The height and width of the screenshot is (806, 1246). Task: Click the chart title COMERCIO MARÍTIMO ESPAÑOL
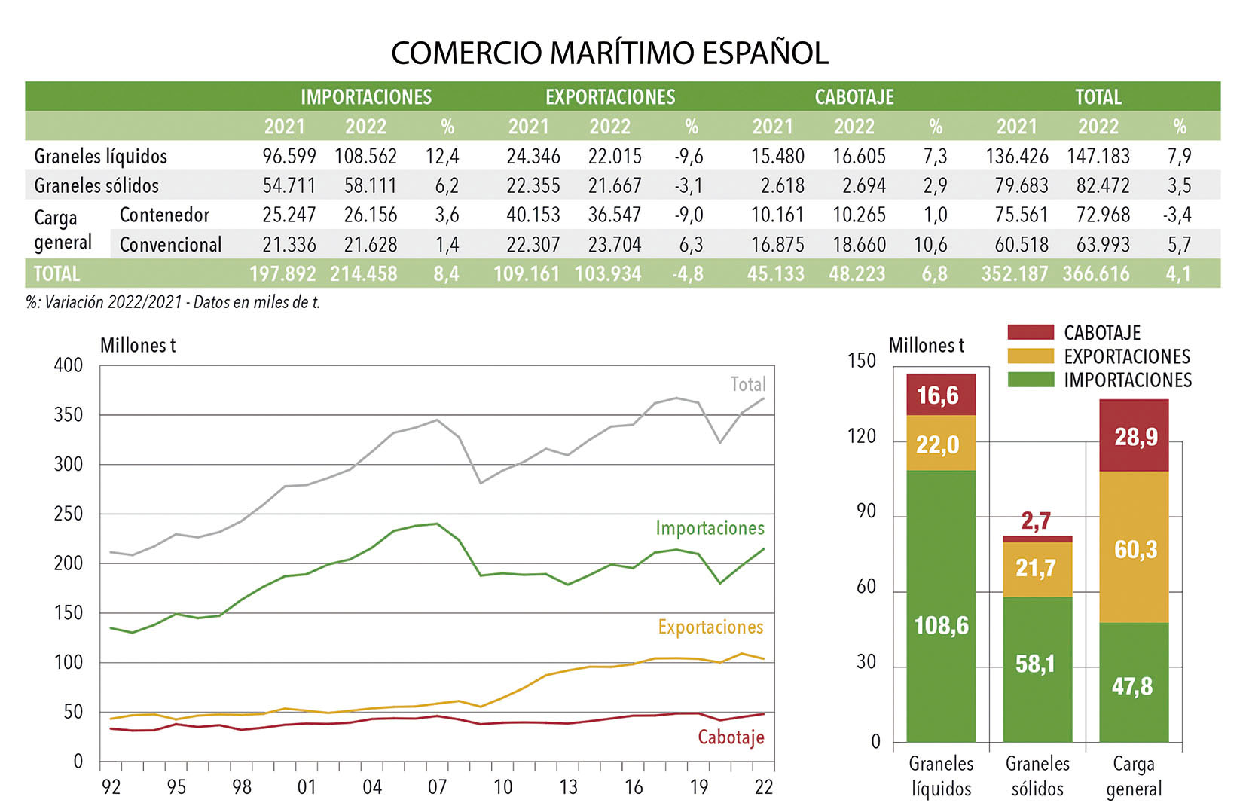click(609, 53)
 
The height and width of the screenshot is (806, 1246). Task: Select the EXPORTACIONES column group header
click(610, 97)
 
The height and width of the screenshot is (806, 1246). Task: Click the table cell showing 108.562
click(365, 157)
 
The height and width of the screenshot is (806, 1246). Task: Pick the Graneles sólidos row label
click(96, 185)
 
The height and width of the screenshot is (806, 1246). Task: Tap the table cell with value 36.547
click(614, 215)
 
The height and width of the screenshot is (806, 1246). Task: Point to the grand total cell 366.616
click(1096, 274)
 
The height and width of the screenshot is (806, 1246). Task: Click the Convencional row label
click(170, 245)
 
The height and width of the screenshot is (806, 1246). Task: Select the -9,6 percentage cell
click(689, 157)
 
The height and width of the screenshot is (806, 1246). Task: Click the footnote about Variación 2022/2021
click(173, 303)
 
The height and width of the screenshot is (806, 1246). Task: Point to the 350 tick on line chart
click(69, 415)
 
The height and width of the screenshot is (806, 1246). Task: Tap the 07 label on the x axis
click(437, 787)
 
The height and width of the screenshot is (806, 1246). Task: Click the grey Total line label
click(747, 385)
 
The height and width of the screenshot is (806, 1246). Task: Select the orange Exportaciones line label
click(710, 627)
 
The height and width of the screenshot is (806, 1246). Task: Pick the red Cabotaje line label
click(730, 737)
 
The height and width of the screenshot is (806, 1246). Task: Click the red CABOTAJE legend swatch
click(1030, 332)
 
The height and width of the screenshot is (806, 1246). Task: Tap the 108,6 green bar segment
click(941, 625)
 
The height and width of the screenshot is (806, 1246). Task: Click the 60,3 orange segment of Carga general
click(1135, 549)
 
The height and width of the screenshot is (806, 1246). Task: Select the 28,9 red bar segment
click(1135, 436)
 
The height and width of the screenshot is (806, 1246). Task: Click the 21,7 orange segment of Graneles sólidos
click(1037, 568)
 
